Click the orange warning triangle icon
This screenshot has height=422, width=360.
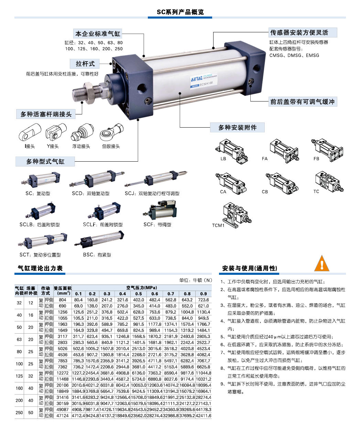point(321,263)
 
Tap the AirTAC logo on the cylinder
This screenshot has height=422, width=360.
point(197,79)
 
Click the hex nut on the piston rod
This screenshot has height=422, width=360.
point(89,91)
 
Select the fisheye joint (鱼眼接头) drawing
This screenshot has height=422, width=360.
point(111,132)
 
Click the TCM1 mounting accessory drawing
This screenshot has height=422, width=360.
point(237,215)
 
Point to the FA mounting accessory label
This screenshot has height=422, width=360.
point(265,159)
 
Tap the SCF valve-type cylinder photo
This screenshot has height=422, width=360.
point(160,210)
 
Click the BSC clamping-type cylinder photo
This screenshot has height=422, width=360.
point(99,239)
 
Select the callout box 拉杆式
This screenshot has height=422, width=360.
point(85,64)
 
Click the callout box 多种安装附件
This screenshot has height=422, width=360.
point(237,128)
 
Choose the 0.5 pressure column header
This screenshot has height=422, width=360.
point(138,294)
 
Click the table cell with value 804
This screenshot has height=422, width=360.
point(63,300)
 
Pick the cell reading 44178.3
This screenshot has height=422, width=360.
point(204,410)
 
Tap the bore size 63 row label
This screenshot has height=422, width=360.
point(19,339)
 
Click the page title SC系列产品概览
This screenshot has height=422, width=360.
point(180,12)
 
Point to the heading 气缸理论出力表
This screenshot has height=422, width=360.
point(40,268)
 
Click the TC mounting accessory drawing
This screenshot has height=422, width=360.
point(329,182)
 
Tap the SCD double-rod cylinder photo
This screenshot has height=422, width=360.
point(97,179)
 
